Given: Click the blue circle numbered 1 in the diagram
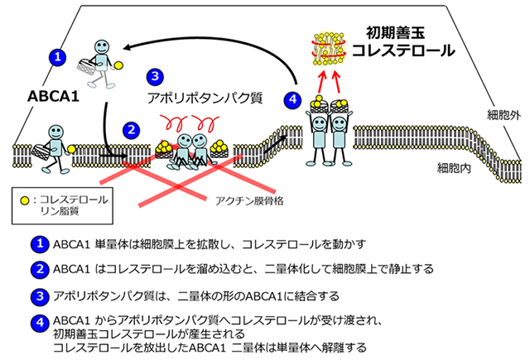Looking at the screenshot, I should (56, 57).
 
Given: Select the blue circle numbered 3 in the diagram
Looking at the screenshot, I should (154, 77).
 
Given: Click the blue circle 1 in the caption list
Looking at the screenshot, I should (38, 245).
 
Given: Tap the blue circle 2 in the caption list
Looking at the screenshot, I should (38, 269).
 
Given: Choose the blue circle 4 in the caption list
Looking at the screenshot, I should (38, 321).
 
